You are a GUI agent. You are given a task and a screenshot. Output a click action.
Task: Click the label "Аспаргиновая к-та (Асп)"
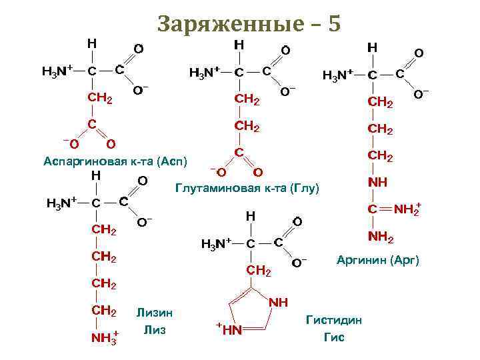[x=115, y=161]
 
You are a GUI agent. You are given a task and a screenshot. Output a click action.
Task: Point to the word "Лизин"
[x=154, y=311]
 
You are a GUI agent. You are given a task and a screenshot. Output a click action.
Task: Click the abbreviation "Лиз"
[x=154, y=329]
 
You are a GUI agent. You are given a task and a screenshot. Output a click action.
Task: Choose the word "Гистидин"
[x=334, y=320]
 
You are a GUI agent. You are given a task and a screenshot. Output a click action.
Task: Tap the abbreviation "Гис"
[x=334, y=337]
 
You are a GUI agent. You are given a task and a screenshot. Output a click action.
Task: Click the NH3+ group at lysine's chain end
[x=105, y=337]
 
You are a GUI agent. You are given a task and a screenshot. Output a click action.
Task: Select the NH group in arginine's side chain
[x=377, y=182]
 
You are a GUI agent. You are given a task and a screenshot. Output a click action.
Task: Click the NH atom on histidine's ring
[x=279, y=303]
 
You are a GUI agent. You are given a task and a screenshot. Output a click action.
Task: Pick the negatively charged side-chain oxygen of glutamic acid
[x=219, y=173]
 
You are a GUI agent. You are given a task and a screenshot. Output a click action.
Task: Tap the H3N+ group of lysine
[x=60, y=203]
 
